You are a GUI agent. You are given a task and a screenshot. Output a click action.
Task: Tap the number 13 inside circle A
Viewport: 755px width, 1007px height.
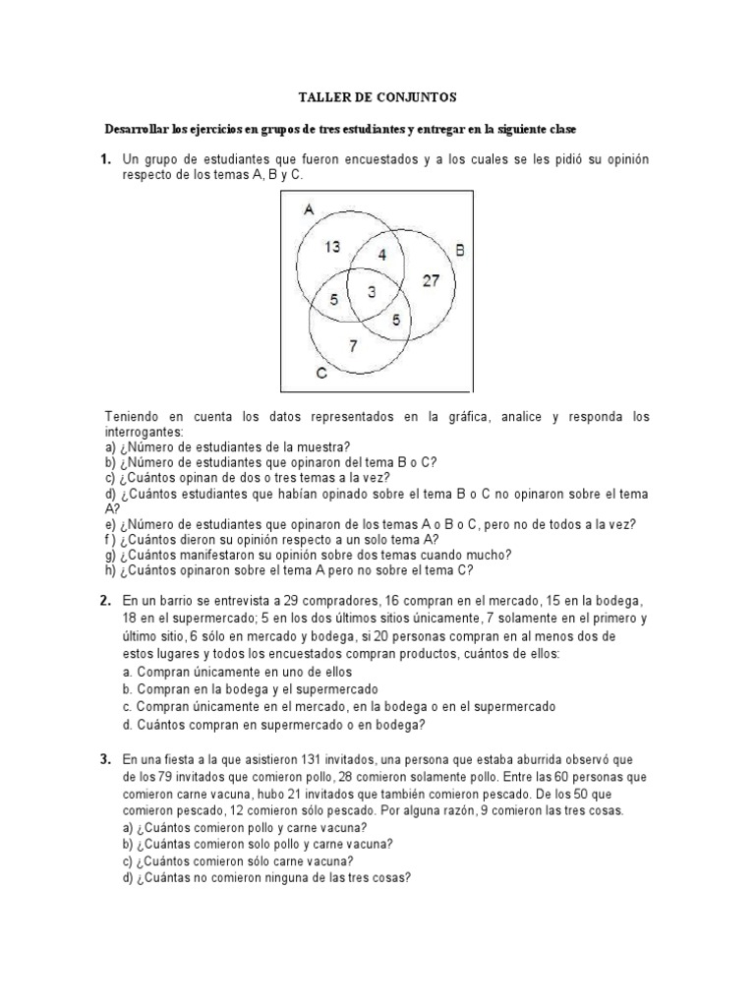[332, 247]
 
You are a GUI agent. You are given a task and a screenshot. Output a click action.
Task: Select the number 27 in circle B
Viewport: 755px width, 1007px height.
[432, 280]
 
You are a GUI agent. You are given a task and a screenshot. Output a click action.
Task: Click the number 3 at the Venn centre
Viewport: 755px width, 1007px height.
[373, 291]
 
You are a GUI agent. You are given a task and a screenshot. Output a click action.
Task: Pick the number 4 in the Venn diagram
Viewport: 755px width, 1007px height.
[383, 254]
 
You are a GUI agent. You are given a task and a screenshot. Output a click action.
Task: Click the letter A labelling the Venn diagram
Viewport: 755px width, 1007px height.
[308, 208]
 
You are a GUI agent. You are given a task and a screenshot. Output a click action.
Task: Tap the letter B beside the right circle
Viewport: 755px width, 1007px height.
[460, 250]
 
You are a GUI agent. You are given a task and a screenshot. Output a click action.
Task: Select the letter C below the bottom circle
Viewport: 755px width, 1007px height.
[320, 374]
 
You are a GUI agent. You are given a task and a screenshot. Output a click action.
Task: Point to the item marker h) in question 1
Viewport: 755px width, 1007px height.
[110, 569]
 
